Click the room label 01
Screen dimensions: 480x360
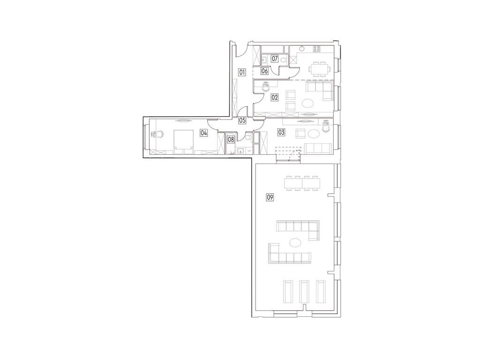coord(242,73)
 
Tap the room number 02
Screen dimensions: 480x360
coord(275,97)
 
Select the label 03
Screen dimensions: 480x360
coord(281,132)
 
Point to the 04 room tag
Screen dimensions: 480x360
coord(204,133)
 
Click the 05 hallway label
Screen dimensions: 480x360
coord(242,120)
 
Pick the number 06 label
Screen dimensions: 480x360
coord(265,71)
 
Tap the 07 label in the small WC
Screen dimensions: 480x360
coord(275,58)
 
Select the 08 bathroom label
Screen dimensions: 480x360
coord(231,140)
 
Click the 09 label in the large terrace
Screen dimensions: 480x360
coord(270,197)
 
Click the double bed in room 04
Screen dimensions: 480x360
coord(184,142)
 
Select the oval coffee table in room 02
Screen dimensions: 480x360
coord(307,104)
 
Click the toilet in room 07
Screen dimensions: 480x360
coord(283,60)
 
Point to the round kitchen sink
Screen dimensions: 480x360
coord(302,49)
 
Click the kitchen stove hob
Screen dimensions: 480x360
coord(316,48)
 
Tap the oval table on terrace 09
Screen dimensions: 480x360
coord(295,243)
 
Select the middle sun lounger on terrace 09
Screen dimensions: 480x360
coord(304,292)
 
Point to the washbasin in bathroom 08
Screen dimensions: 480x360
coord(241,150)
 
